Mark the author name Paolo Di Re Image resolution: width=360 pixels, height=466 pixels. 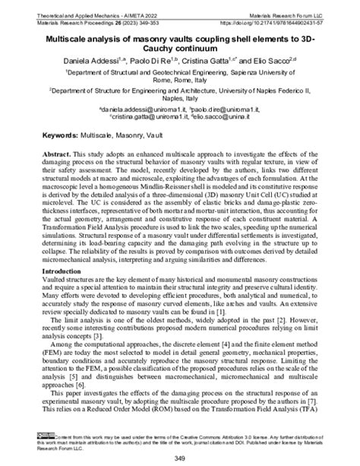coord(153,59)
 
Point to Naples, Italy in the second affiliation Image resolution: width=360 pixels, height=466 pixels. coord(180,100)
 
